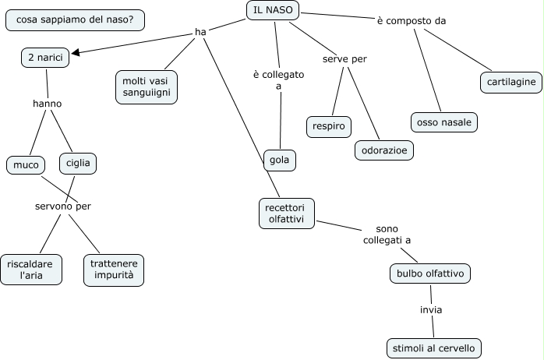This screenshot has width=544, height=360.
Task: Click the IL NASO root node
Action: (x=271, y=10)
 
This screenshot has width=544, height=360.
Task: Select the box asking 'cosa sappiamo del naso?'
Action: (x=74, y=20)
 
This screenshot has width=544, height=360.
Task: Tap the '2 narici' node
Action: (x=45, y=58)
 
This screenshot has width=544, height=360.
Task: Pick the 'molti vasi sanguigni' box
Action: (x=146, y=86)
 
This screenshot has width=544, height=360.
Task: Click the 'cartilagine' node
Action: (x=510, y=82)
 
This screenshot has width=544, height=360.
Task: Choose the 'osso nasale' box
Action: (x=443, y=122)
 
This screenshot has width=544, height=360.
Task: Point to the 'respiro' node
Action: (x=328, y=125)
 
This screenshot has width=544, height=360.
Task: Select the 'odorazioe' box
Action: (x=383, y=150)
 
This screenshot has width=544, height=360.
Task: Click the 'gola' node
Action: (x=279, y=160)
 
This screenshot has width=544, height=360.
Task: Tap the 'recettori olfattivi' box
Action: (x=286, y=214)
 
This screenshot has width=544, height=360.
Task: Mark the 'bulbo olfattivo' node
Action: (x=429, y=274)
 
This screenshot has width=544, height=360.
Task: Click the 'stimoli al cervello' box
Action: (x=433, y=348)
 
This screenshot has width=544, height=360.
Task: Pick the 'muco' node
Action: (x=26, y=164)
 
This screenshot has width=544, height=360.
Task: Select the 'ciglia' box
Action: (x=77, y=164)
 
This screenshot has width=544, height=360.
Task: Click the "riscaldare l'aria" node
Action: (x=30, y=270)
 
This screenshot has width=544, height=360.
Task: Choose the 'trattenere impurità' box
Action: (x=114, y=270)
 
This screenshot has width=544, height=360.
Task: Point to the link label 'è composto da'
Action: (x=412, y=21)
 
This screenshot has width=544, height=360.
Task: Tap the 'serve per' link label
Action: (x=344, y=59)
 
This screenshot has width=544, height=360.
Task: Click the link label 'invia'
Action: (x=431, y=310)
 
